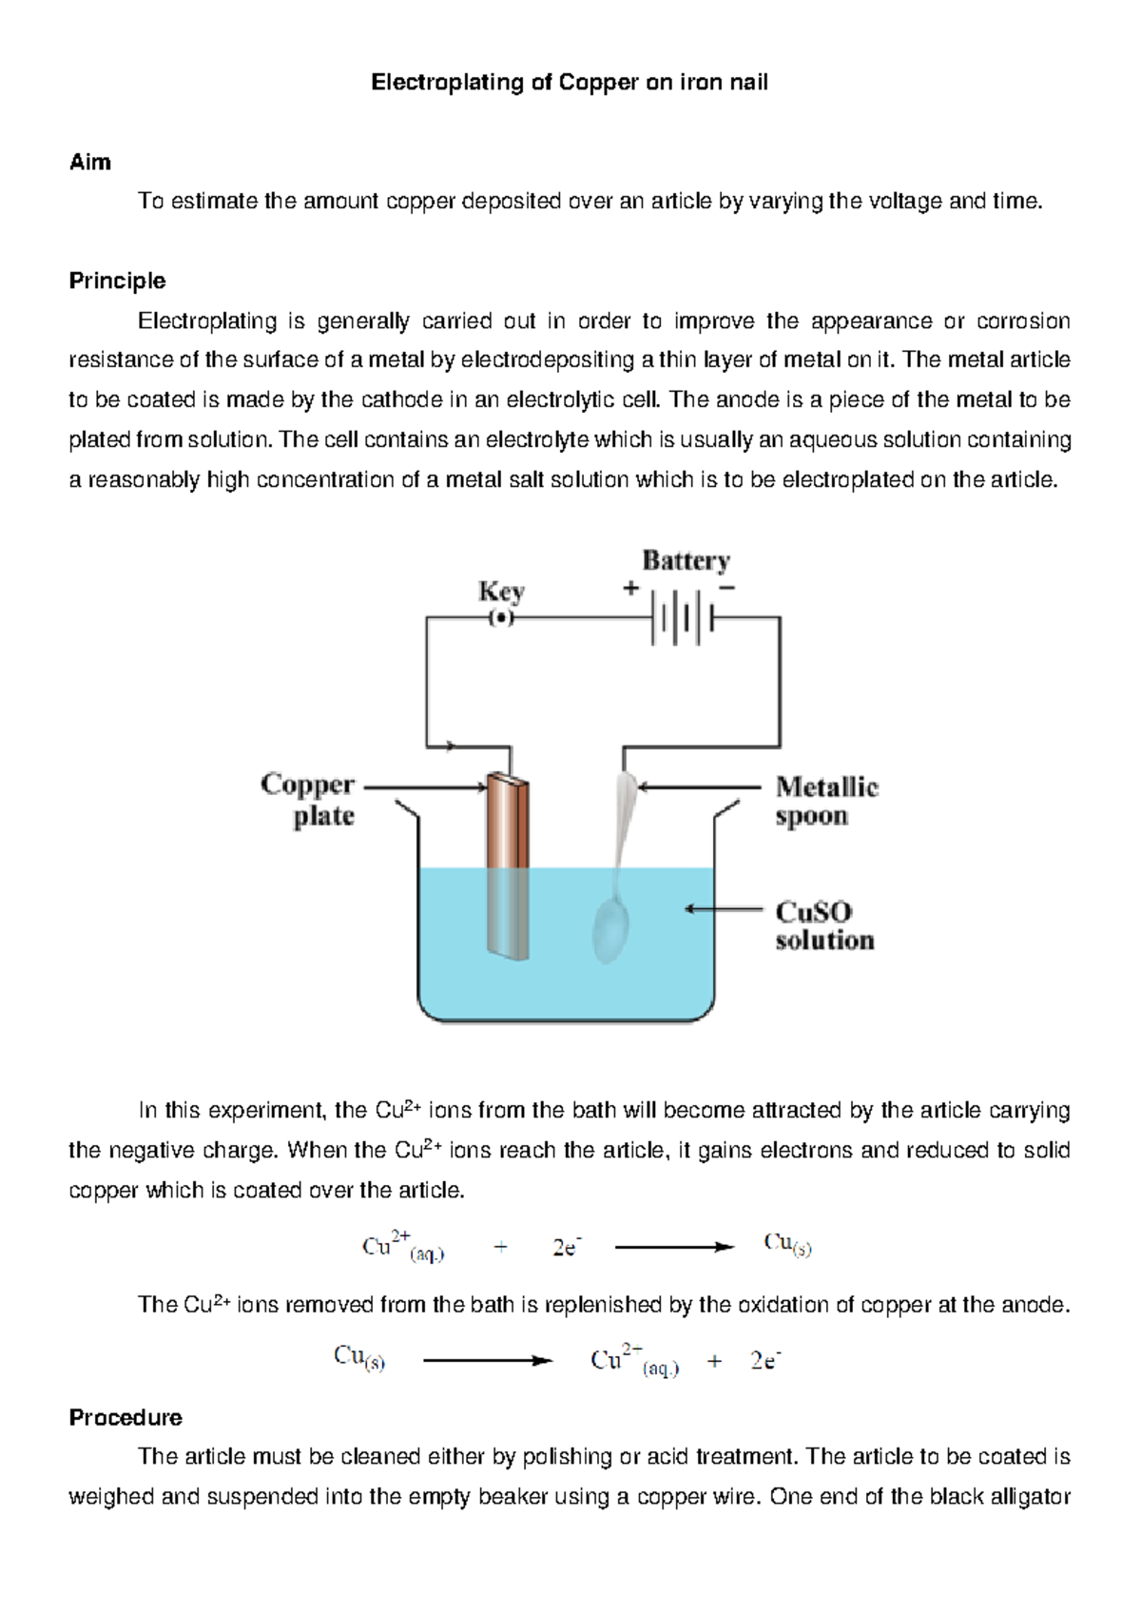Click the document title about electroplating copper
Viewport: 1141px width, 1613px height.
tap(570, 83)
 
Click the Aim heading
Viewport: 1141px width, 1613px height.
tap(90, 163)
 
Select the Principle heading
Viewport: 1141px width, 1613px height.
tap(117, 282)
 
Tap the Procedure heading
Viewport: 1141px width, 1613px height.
tap(126, 1418)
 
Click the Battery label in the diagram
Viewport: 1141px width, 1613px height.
tap(686, 561)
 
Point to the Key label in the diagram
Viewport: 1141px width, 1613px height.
tap(501, 592)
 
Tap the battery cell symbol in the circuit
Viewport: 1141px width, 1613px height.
tap(683, 618)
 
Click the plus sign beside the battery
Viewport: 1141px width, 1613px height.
tap(630, 589)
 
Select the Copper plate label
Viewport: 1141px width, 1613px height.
tap(308, 800)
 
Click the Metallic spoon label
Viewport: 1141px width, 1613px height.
tap(826, 801)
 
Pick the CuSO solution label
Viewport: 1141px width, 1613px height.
tap(823, 925)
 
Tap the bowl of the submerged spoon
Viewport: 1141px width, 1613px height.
tap(610, 931)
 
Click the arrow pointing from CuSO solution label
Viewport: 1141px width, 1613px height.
tap(723, 910)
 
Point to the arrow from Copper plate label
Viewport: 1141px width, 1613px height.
tap(426, 787)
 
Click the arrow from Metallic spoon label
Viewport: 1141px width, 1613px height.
tap(700, 787)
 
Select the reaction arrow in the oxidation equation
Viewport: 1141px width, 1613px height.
tap(487, 1361)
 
